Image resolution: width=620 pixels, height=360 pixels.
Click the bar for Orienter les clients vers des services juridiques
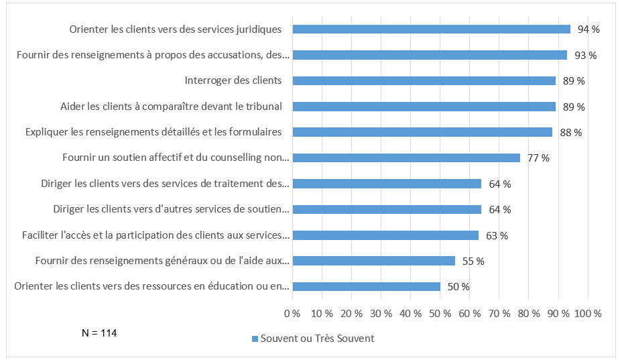coord(431,29)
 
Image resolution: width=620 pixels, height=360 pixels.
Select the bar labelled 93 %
coord(430,55)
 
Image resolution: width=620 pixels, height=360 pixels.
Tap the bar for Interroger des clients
coord(424,80)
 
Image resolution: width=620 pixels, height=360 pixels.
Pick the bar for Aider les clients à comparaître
coord(424,107)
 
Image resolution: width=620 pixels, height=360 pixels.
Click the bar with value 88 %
coord(422,132)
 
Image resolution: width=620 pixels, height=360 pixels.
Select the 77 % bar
coord(406,158)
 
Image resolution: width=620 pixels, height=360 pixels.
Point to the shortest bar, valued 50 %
coord(366,286)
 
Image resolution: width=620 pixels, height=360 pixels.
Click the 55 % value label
coord(473,261)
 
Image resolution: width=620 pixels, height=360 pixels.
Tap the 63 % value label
coord(496,235)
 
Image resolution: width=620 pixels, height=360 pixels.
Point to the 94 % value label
coord(588,29)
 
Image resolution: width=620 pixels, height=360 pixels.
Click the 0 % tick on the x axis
coord(292,313)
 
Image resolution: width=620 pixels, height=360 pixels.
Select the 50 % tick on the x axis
coord(440,313)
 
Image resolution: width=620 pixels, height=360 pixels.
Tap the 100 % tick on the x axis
coord(587,313)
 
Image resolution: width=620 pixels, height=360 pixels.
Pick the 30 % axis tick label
coord(381,313)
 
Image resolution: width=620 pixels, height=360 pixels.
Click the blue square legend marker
coord(254,339)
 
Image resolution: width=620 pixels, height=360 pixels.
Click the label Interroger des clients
coord(233,80)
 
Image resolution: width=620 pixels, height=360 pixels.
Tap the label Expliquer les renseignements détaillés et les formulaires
coord(153,132)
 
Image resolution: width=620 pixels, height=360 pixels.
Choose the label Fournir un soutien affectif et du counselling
coord(175,158)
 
